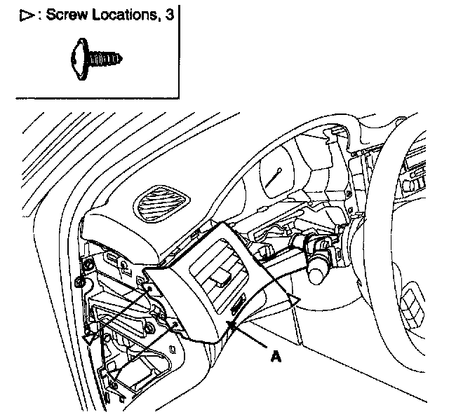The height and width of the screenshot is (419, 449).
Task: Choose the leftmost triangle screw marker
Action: (88, 338)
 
